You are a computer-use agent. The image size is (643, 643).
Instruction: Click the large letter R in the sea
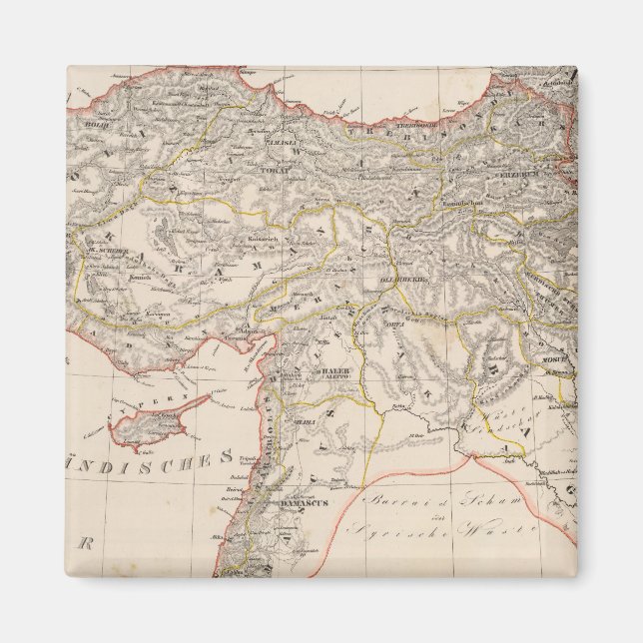(86, 544)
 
